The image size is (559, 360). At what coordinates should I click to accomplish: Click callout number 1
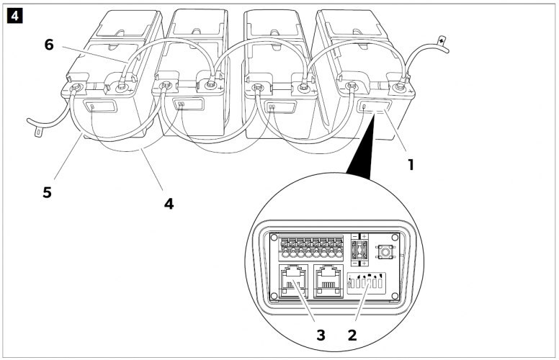(411, 163)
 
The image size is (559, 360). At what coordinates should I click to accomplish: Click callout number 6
(49, 45)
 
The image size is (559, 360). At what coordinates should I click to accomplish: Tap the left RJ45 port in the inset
(292, 282)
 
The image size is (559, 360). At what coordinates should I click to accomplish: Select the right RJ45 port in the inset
(329, 282)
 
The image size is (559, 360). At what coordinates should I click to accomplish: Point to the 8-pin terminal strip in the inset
(308, 246)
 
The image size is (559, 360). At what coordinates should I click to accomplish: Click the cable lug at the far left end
(36, 132)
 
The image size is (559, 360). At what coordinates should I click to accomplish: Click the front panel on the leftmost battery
(99, 109)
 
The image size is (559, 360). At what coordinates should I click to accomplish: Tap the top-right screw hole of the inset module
(395, 237)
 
